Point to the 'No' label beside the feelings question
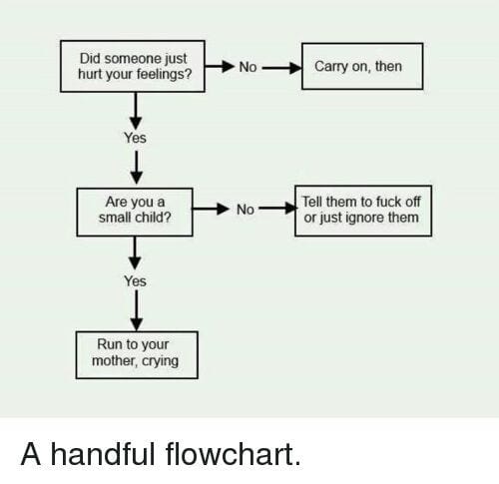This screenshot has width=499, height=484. [248, 67]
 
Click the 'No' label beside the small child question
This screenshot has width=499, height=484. [246, 210]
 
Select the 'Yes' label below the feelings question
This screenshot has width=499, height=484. [135, 138]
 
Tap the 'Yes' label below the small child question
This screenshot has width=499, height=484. [135, 281]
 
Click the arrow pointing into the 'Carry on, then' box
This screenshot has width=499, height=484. [282, 68]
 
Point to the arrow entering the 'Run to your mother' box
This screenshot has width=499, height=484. [137, 310]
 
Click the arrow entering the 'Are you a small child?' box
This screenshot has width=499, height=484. [137, 168]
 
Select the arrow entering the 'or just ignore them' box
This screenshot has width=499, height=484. [277, 209]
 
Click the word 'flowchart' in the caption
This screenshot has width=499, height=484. [234, 454]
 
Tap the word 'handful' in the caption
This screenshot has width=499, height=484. [103, 454]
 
